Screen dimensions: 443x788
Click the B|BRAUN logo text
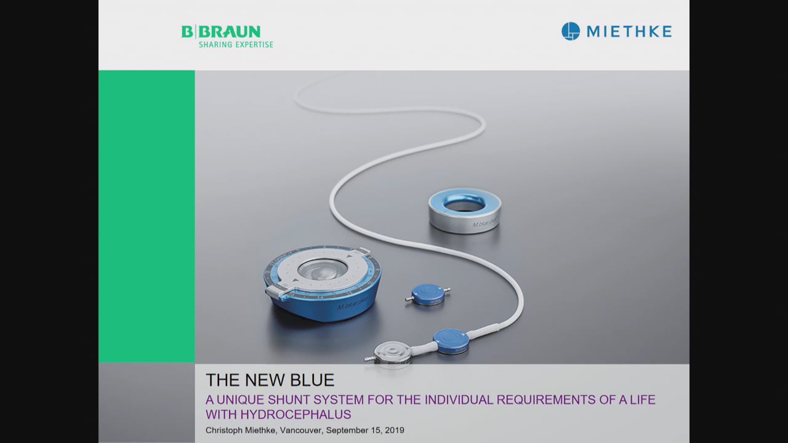tap(220, 31)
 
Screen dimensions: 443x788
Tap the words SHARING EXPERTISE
tap(235, 44)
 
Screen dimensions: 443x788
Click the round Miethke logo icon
tap(571, 31)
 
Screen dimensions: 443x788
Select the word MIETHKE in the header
tap(629, 32)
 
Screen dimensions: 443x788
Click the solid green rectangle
tap(147, 215)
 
